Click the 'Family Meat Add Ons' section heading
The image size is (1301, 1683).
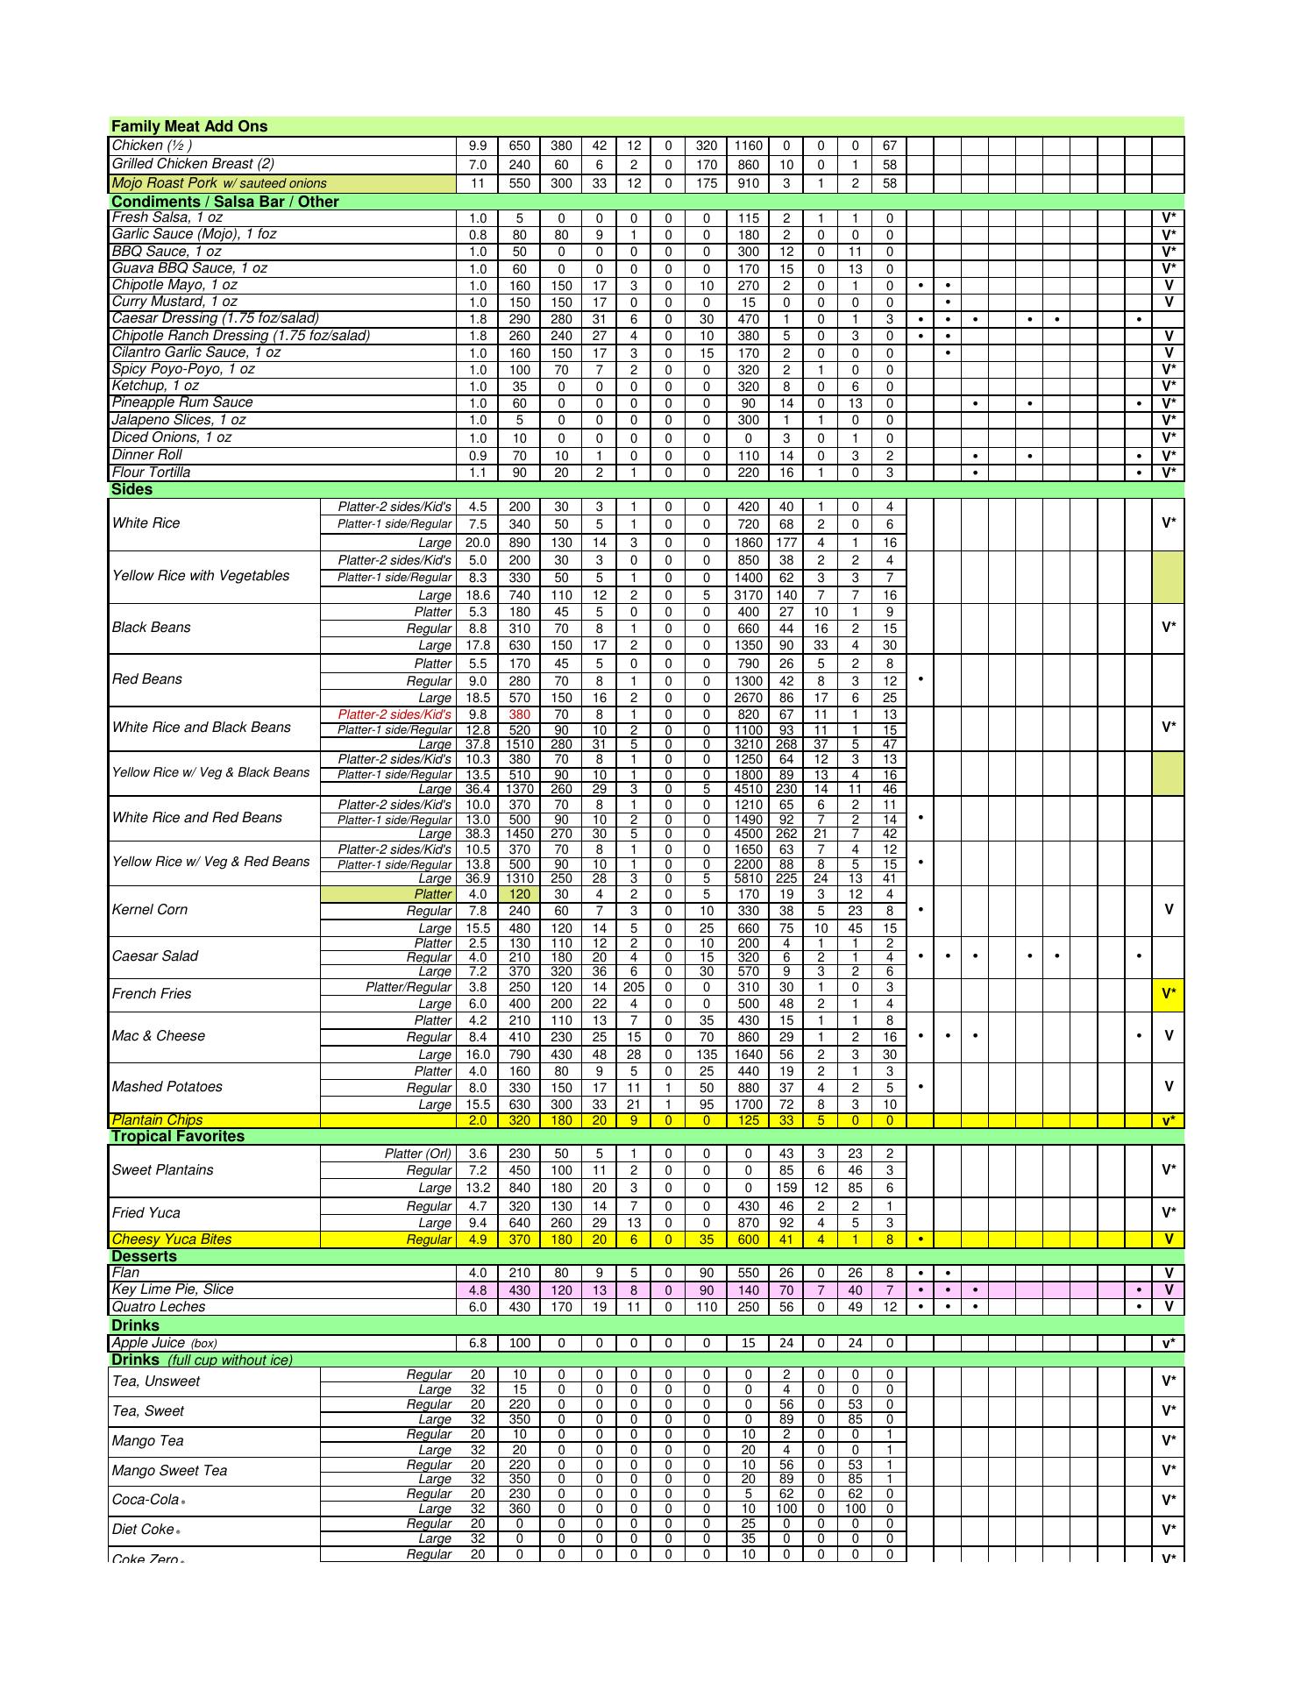click(x=189, y=126)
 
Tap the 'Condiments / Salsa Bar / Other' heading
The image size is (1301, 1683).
click(x=224, y=202)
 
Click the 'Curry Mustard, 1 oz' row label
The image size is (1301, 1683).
click(x=174, y=302)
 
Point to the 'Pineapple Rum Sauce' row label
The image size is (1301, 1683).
click(x=182, y=402)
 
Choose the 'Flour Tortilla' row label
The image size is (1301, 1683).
click(x=151, y=472)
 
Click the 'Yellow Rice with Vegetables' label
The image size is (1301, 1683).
click(x=201, y=576)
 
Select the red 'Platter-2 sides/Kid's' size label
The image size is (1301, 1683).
click(x=395, y=714)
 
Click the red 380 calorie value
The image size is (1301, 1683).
click(x=519, y=714)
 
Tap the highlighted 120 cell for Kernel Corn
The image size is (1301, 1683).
click(x=519, y=894)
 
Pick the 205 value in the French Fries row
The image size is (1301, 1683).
click(x=634, y=987)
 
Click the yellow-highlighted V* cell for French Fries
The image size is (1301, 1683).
click(x=1168, y=994)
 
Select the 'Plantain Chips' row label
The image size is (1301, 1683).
click(x=157, y=1120)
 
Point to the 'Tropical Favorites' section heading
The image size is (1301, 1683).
click(x=178, y=1137)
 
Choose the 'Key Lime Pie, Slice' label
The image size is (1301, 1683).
click(x=173, y=1289)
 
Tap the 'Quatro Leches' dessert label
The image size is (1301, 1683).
click(x=159, y=1307)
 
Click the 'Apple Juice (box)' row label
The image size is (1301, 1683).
click(x=164, y=1343)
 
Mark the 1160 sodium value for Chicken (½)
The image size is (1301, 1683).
click(x=748, y=146)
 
